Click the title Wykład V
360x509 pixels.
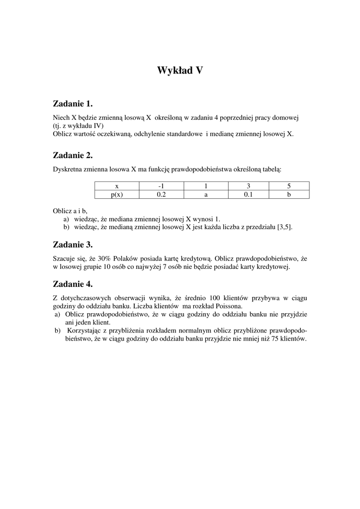click(x=180, y=71)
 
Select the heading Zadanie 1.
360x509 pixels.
click(x=73, y=104)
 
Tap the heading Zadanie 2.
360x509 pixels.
click(x=73, y=156)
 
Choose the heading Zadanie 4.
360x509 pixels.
click(x=73, y=284)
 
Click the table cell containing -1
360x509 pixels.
click(x=161, y=186)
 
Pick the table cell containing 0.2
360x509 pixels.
click(x=161, y=195)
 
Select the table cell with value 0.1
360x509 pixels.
click(x=248, y=195)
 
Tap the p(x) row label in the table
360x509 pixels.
click(x=117, y=195)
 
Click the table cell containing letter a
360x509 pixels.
click(x=205, y=195)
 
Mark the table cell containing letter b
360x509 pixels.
click(x=288, y=195)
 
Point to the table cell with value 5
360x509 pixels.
click(x=288, y=186)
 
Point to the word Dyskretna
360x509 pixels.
click(x=67, y=170)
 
